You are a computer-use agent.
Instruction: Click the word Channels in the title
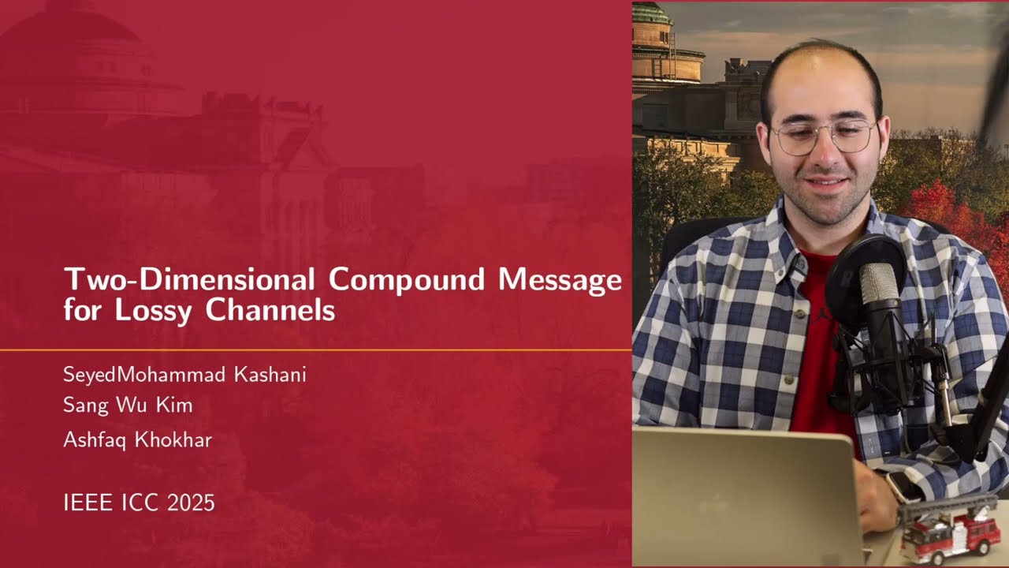click(270, 310)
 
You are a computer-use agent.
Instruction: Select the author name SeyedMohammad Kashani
click(184, 375)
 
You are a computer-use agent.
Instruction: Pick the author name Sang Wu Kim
click(128, 406)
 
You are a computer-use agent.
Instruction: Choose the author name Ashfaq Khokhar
click(137, 440)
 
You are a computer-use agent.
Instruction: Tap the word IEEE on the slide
click(87, 503)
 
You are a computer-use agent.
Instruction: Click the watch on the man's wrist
click(903, 485)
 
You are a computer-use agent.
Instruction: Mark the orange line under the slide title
click(315, 349)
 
